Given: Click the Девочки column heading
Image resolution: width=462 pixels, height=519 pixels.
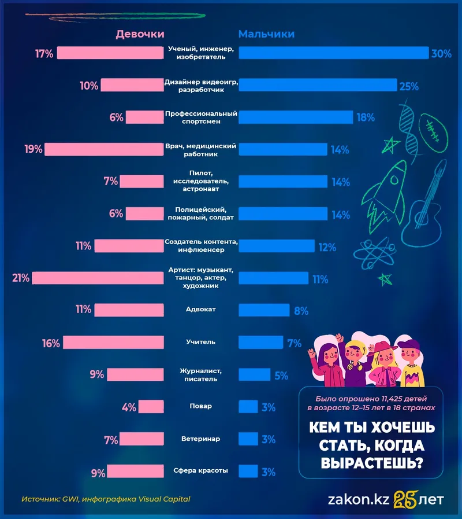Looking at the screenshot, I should tap(140, 34).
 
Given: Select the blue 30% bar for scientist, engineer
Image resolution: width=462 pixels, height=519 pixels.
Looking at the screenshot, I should tap(333, 53).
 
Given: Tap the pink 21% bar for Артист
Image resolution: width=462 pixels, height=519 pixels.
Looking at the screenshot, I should tap(98, 278).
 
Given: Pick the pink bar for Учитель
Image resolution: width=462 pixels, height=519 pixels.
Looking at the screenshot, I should tap(113, 343).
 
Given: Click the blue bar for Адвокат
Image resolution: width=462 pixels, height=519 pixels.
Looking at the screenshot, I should tap(264, 311).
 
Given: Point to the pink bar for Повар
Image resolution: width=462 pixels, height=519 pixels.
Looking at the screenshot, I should tap(151, 407).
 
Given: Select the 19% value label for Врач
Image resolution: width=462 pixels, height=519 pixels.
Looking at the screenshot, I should tap(33, 149).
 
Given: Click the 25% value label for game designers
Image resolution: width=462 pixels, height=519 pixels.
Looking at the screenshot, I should tap(408, 86).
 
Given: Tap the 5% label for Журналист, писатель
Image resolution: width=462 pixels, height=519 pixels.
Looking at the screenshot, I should tap(281, 375).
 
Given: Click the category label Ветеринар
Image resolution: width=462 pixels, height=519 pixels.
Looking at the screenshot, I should tap(201, 439).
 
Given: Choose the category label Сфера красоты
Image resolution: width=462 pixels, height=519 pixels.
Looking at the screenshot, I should tap(201, 471).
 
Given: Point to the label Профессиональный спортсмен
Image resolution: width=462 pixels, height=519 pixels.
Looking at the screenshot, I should tap(202, 117).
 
